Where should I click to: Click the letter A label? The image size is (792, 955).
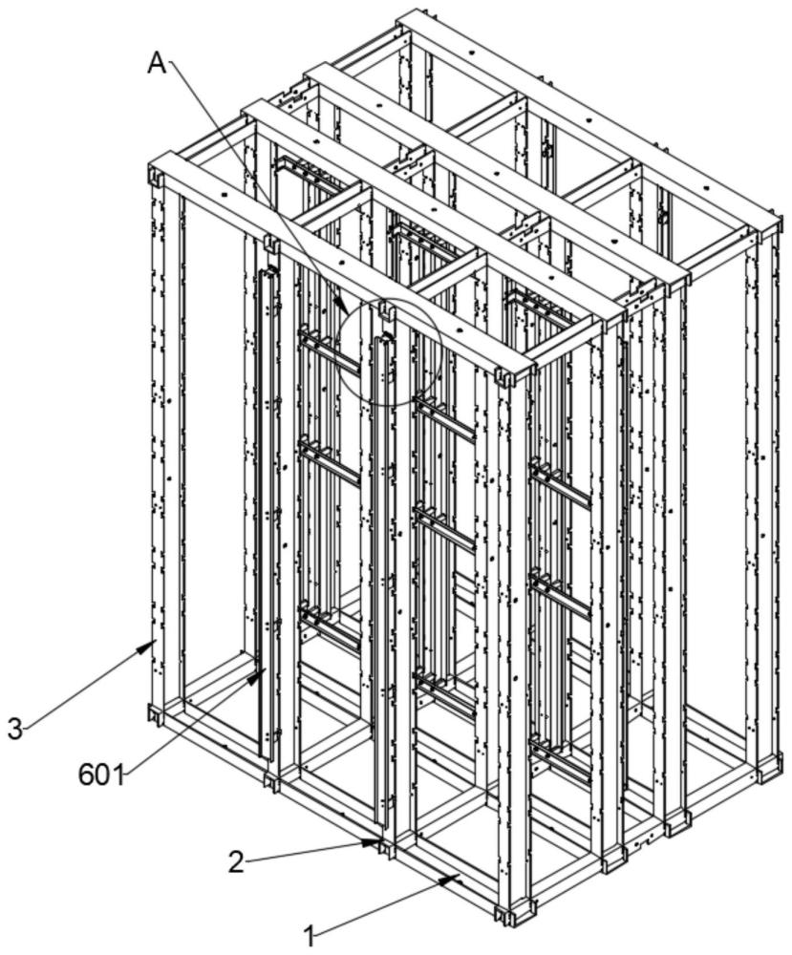pyautogui.click(x=157, y=63)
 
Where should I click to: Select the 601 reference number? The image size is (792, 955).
pyautogui.click(x=100, y=775)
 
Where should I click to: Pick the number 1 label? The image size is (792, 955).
pyautogui.click(x=310, y=936)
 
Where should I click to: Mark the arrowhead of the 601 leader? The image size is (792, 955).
pyautogui.click(x=258, y=675)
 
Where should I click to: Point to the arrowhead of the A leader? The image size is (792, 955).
pyautogui.click(x=344, y=307)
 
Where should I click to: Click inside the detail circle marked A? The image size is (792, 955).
pyautogui.click(x=390, y=351)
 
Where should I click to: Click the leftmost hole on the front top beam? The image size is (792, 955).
pyautogui.click(x=225, y=196)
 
